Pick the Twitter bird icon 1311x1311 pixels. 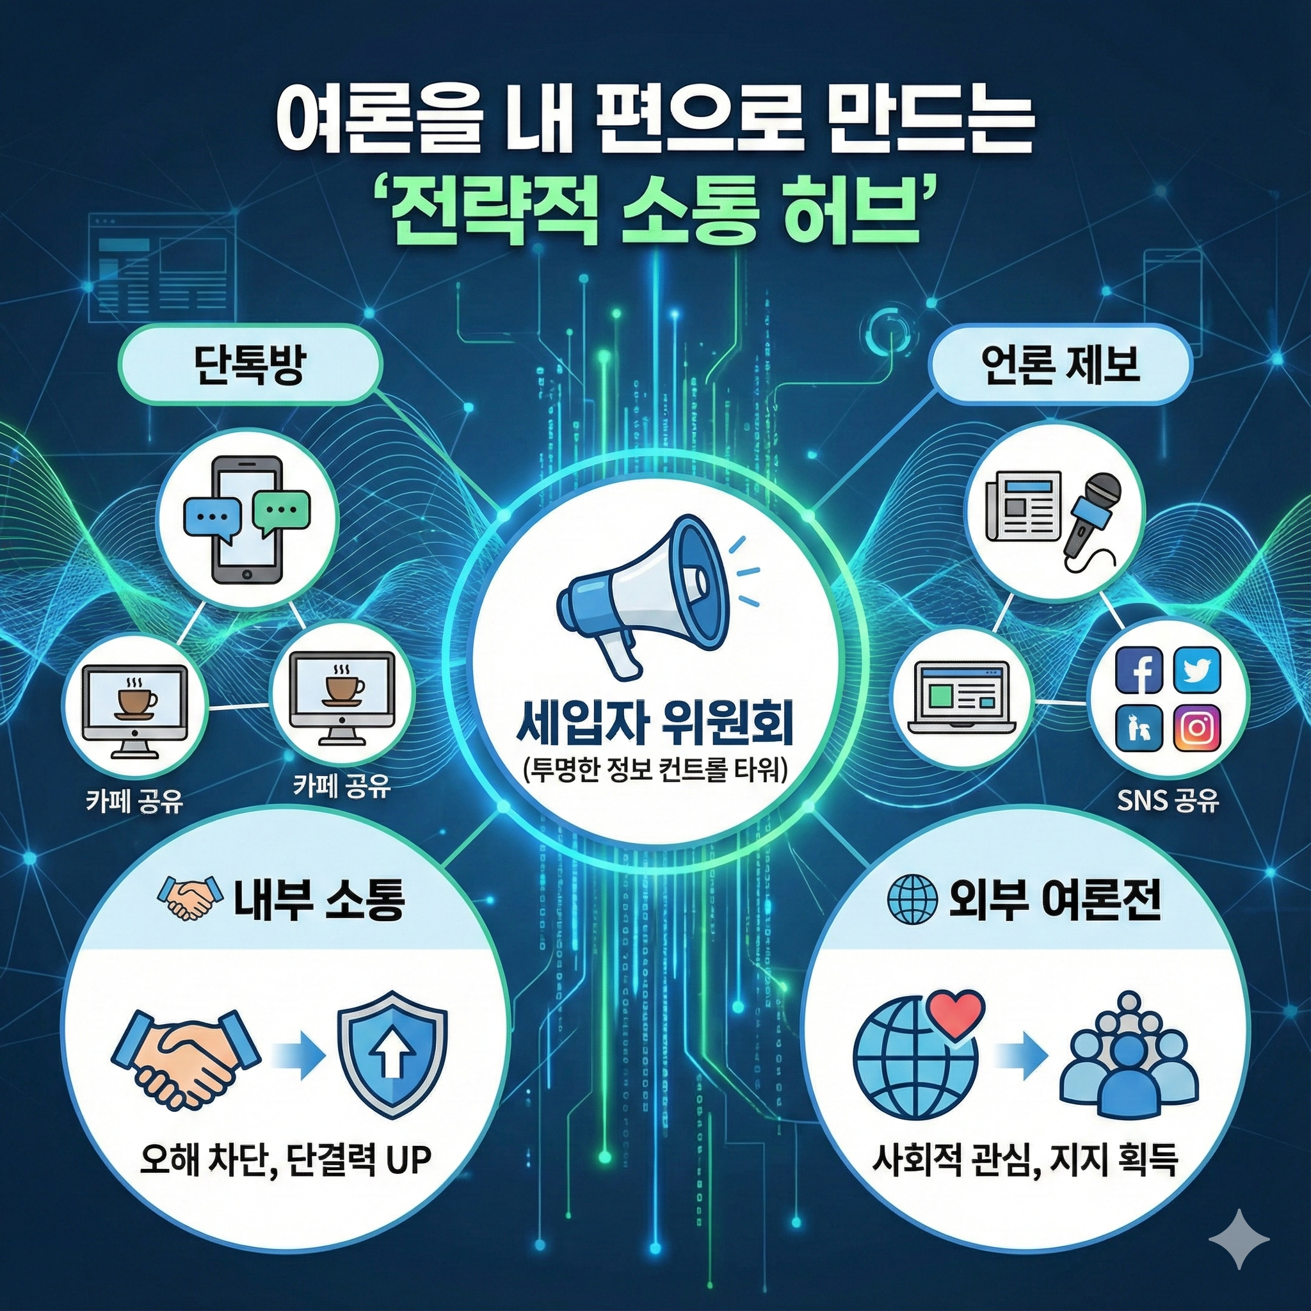1196,670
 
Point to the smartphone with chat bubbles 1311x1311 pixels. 247,519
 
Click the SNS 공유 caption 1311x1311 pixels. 1168,801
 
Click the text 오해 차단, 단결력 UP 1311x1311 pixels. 286,1160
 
